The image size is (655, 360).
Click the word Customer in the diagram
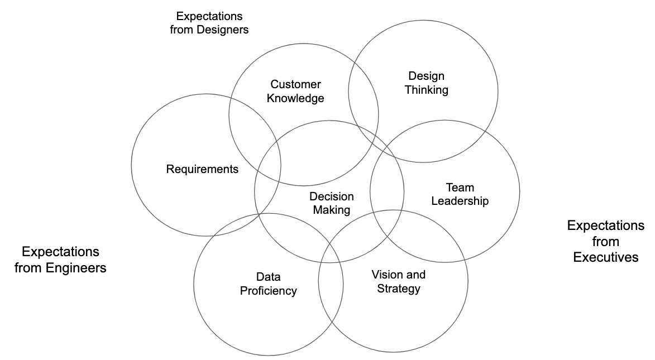tap(295, 84)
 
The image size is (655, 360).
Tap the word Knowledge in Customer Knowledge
tap(295, 98)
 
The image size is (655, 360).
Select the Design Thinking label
tap(426, 83)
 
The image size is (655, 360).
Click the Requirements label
tap(202, 169)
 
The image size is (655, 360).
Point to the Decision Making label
tap(331, 203)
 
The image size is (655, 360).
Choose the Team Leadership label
tap(460, 194)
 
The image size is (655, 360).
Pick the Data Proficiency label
tap(268, 284)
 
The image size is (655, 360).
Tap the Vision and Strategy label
tap(398, 281)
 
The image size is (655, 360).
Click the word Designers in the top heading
tap(222, 30)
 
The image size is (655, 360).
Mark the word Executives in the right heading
tap(606, 257)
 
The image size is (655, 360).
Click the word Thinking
tap(426, 90)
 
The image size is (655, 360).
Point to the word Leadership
tap(460, 201)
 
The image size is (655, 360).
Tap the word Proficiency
tap(268, 291)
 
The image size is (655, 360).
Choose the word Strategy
tap(398, 289)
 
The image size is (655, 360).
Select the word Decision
tap(331, 196)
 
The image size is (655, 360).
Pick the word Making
tap(331, 210)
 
